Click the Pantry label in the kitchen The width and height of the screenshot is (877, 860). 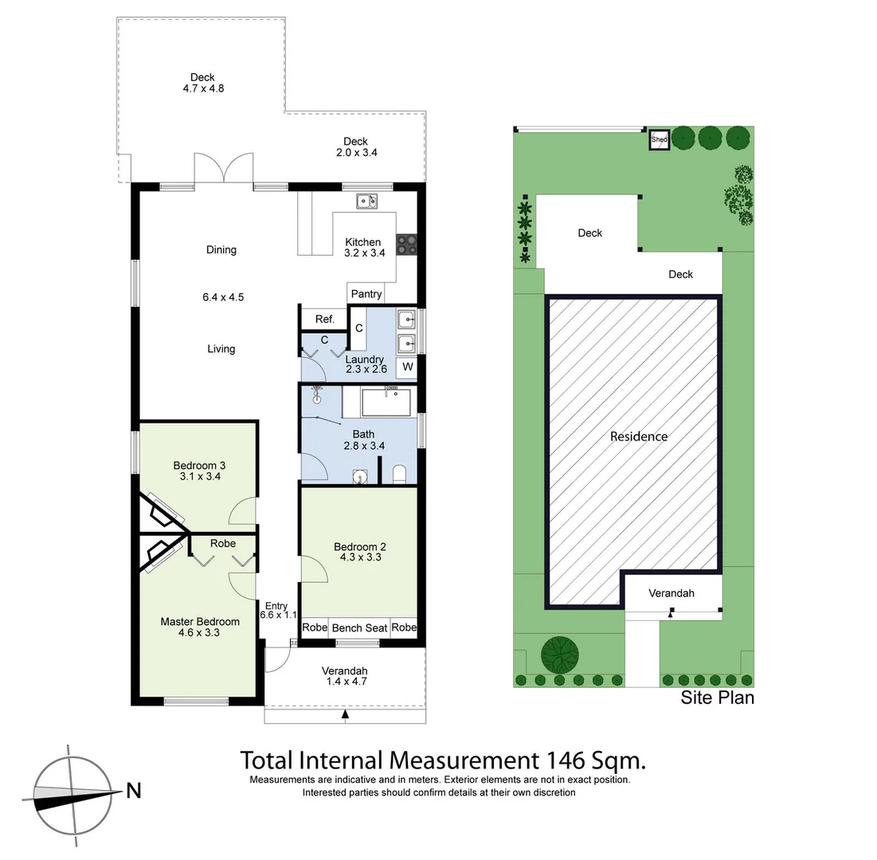point(366,294)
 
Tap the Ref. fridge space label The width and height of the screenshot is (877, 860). point(324,319)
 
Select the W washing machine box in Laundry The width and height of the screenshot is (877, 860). point(407,367)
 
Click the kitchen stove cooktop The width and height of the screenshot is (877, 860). point(406,244)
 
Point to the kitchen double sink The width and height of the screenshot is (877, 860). point(366,201)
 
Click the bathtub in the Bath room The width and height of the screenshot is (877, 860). point(386,403)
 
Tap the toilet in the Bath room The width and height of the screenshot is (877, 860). point(400,475)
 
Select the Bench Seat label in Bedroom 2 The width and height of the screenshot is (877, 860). point(359,627)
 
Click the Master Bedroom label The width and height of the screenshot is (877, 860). point(200,622)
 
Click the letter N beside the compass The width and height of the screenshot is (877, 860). point(134,791)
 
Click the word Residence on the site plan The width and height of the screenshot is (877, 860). point(639,436)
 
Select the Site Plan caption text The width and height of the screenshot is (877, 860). point(717,698)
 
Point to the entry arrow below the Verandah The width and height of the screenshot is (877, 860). point(345,715)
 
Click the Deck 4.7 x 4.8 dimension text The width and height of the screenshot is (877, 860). point(203,88)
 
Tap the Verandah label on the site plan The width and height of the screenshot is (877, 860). point(671,593)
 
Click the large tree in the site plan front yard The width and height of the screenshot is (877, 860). point(560,655)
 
